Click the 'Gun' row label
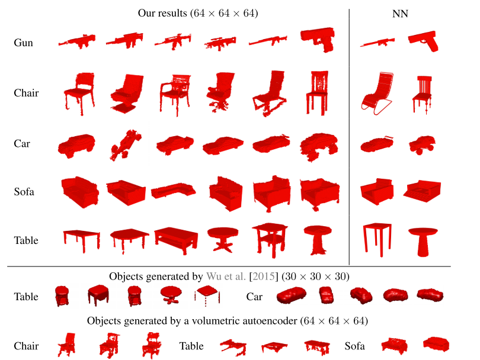click(x=23, y=43)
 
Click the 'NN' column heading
click(x=400, y=14)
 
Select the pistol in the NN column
click(x=423, y=40)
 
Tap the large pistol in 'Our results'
click(x=318, y=39)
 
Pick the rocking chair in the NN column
click(x=376, y=94)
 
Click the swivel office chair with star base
click(x=220, y=92)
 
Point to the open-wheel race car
click(x=126, y=144)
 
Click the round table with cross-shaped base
click(x=223, y=239)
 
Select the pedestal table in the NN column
click(x=423, y=241)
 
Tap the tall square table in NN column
click(x=377, y=239)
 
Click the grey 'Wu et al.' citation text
click(x=226, y=277)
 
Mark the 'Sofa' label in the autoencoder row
click(x=354, y=346)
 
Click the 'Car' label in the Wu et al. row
click(x=254, y=297)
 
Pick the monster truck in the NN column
click(x=422, y=144)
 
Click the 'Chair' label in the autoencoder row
click(x=26, y=346)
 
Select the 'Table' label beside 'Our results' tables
click(x=26, y=240)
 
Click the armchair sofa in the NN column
click(x=377, y=191)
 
